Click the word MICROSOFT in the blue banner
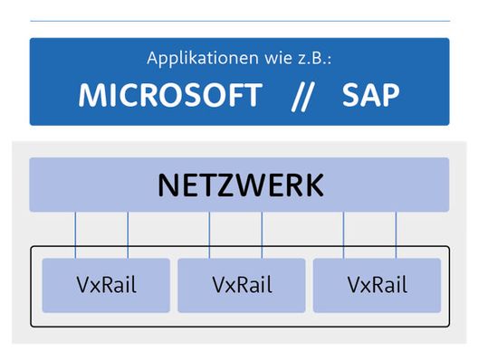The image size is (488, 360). [x=169, y=95]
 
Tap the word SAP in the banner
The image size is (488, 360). [x=371, y=95]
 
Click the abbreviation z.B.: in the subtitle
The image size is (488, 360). [x=319, y=59]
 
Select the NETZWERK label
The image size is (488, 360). [x=240, y=185]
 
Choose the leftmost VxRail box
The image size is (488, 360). [x=105, y=285]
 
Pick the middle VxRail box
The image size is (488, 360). [x=240, y=285]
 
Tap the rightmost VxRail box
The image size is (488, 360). [x=376, y=285]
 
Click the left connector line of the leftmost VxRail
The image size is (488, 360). [x=75, y=235]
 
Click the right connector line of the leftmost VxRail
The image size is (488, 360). [x=128, y=235]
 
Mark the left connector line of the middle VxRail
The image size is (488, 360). [x=209, y=235]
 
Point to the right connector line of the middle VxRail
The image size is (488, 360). [x=262, y=235]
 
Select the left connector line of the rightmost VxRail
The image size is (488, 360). [x=343, y=235]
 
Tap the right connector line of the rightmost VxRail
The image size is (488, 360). [x=396, y=235]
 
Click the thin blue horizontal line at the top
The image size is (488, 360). [x=240, y=21]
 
